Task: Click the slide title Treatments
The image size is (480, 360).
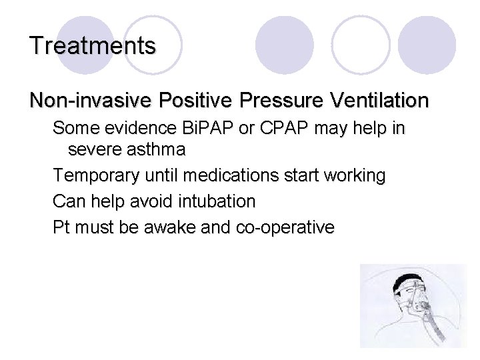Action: coord(93,45)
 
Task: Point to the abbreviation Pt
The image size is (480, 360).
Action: coord(61,227)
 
